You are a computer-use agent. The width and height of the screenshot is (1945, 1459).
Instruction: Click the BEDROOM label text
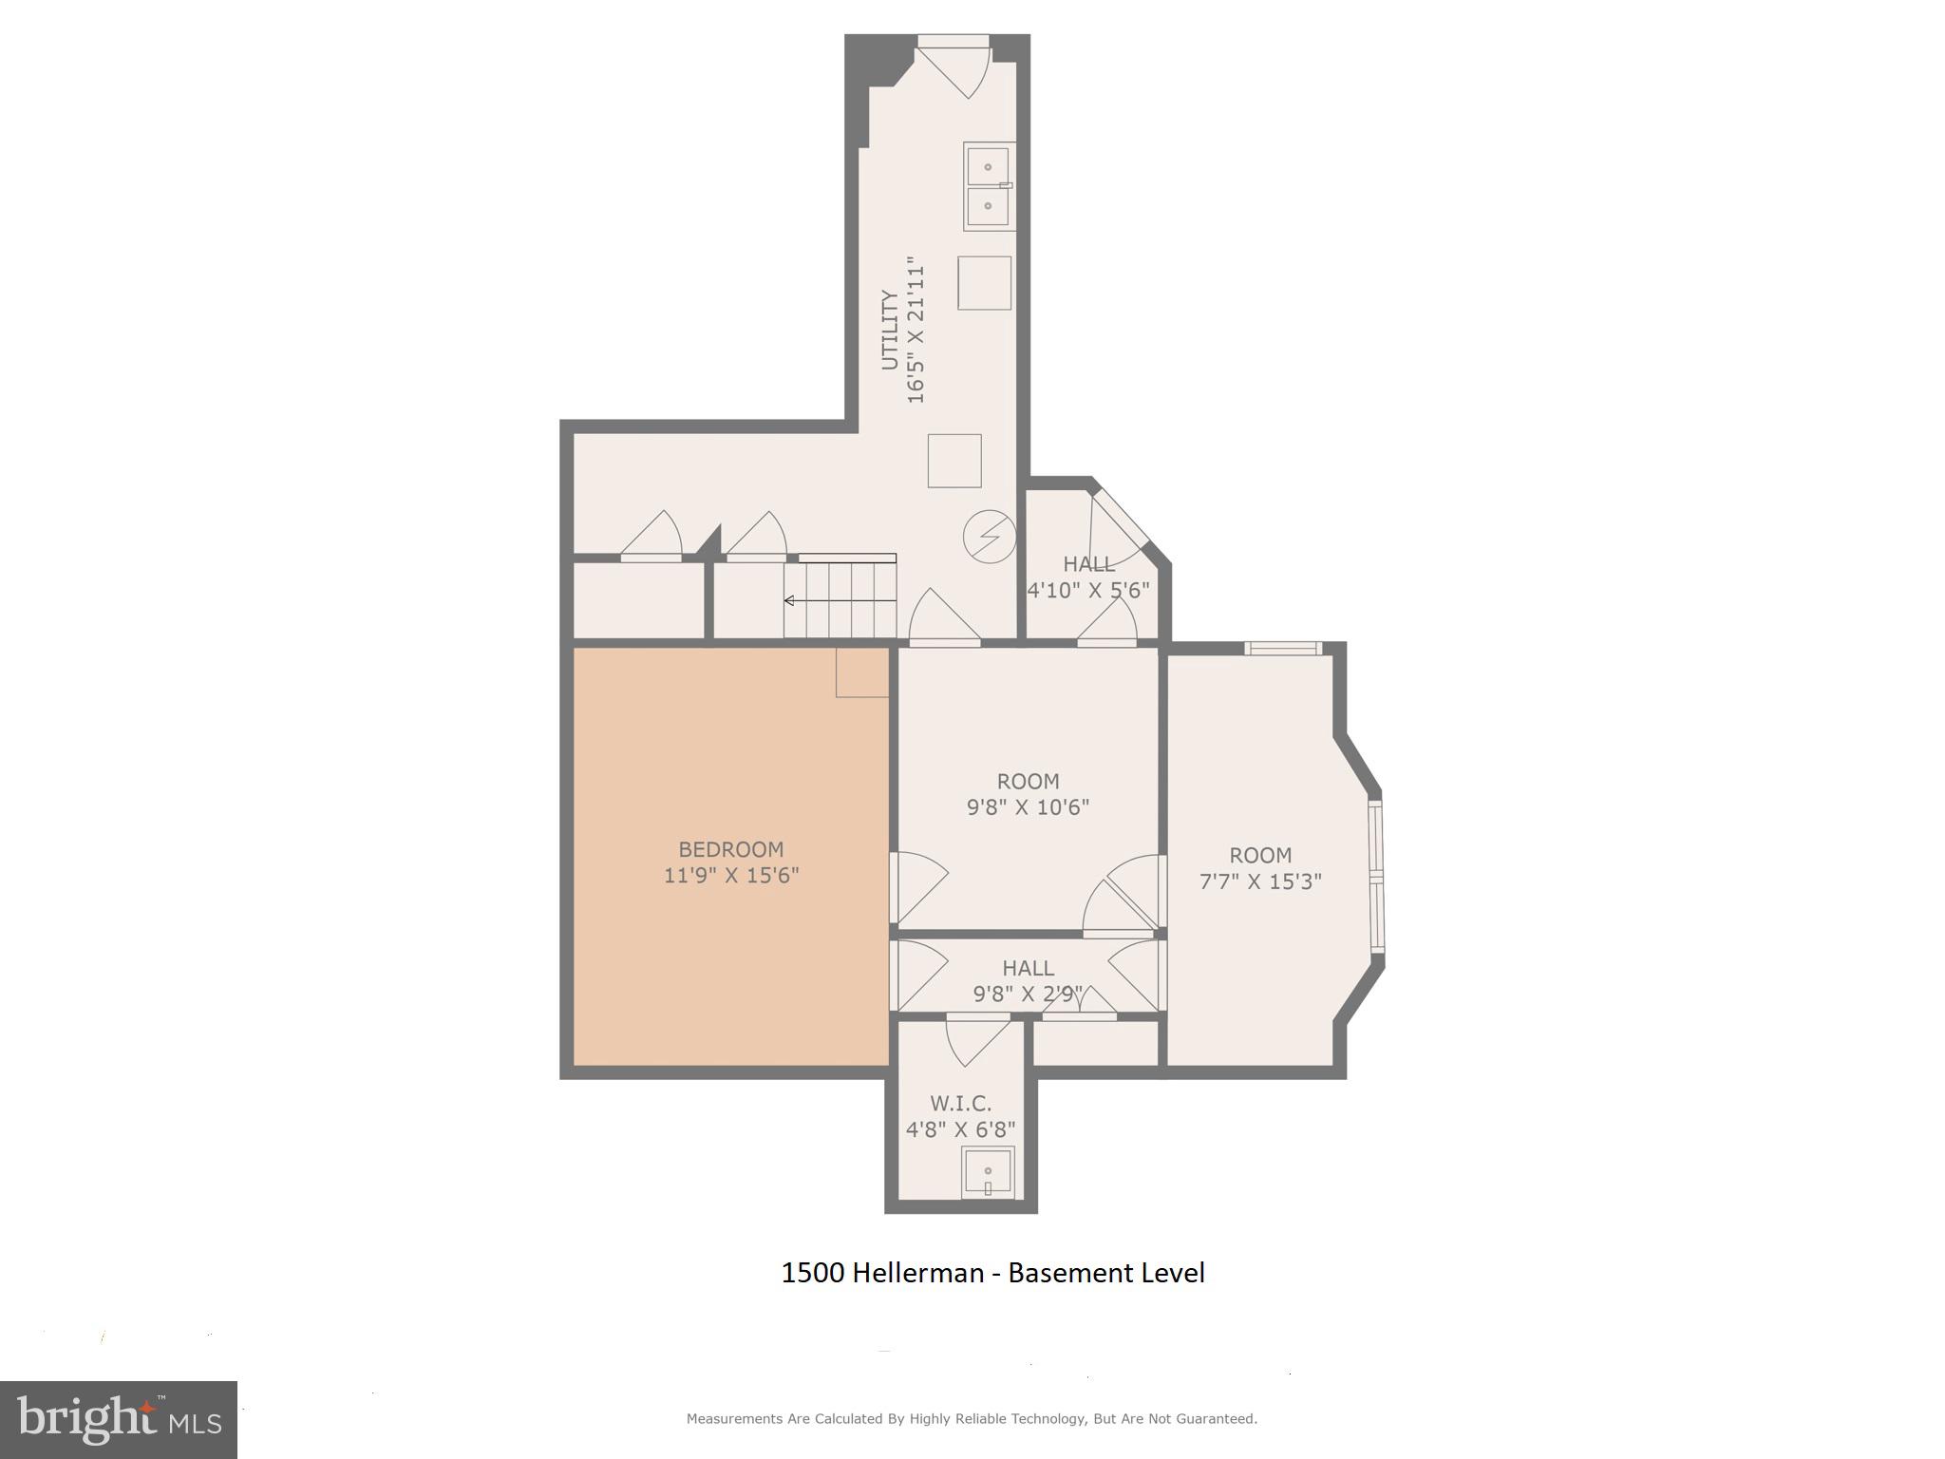click(x=730, y=849)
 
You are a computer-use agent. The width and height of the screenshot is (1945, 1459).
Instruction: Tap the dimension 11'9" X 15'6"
click(x=730, y=875)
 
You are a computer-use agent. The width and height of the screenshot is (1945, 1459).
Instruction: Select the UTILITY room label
click(x=889, y=330)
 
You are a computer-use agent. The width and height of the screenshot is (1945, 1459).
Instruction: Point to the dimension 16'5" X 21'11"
click(x=916, y=330)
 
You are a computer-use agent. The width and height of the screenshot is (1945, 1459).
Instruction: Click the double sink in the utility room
click(x=989, y=186)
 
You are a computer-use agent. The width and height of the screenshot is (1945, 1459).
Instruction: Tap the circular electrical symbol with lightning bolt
click(x=990, y=537)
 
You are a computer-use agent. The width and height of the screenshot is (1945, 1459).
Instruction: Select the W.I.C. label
click(x=960, y=1103)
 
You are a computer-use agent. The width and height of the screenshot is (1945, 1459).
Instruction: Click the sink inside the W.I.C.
click(x=988, y=1172)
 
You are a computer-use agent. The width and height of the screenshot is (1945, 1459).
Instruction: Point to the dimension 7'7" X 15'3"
click(x=1260, y=881)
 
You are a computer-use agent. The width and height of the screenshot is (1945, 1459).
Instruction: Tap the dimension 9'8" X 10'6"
click(x=1028, y=807)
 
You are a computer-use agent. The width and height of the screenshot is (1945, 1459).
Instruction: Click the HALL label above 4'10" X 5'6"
click(x=1088, y=564)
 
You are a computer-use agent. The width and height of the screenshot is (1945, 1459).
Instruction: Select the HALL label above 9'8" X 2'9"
click(x=1028, y=968)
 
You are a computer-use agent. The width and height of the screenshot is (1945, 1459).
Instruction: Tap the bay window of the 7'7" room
click(x=1376, y=876)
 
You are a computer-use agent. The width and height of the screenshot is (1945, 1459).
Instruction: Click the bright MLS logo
click(x=119, y=1419)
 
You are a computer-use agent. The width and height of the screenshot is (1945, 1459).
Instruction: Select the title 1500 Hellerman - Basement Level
click(x=992, y=1273)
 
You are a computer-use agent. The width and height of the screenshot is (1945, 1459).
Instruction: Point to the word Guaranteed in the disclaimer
click(x=1216, y=1418)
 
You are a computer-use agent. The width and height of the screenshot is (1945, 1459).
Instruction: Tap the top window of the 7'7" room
click(x=1283, y=649)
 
